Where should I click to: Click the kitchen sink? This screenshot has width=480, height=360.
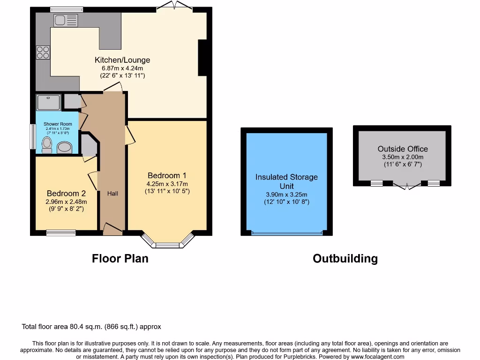coord(66,20)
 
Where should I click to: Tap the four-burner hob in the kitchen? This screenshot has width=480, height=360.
coord(43,52)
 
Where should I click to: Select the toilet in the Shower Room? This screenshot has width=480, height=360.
coord(47,145)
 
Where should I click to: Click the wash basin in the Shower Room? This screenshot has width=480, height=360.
coord(65,148)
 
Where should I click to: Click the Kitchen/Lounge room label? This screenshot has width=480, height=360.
coord(122,60)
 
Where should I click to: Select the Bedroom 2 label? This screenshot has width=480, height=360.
coord(66,193)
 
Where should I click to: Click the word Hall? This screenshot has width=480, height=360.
coord(112,194)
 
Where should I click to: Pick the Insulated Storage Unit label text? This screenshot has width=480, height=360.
coord(286,181)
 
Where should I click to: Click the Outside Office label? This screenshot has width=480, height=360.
coord(402,149)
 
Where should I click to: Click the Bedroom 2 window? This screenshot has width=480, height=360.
coord(61,232)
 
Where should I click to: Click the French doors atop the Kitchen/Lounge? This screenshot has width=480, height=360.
coord(174,6)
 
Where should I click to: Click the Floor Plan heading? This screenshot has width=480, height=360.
coord(120,258)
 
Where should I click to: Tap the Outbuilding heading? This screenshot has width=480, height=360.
coord(345,258)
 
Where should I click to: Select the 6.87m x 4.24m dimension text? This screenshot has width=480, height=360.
coord(122,68)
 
